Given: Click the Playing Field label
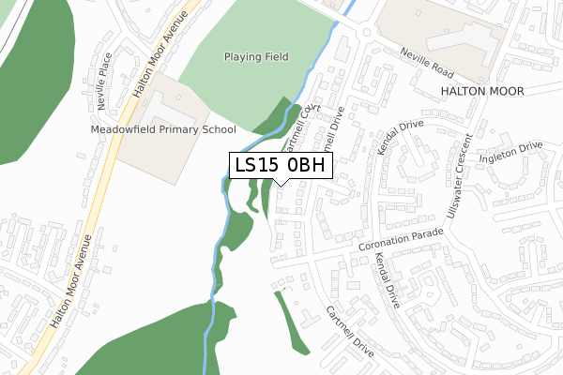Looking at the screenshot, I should [x=255, y=56].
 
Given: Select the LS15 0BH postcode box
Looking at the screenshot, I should [x=281, y=165].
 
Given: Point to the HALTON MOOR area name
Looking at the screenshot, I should [x=481, y=90].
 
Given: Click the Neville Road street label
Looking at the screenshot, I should [x=426, y=64].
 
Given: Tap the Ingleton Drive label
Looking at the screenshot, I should [x=512, y=151].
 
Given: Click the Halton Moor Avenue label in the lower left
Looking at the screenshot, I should [x=72, y=281].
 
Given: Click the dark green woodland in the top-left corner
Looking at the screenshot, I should [x=33, y=66].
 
